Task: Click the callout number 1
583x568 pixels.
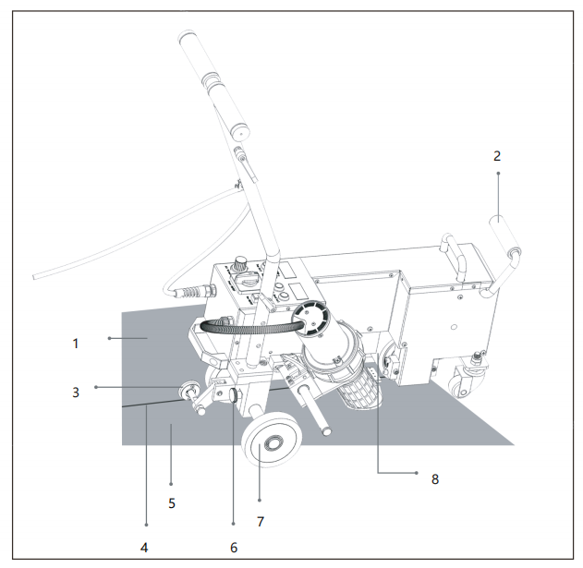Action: tap(76, 344)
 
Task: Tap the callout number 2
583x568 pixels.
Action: tap(497, 156)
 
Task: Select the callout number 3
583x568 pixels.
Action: tap(76, 393)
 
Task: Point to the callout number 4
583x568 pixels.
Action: tap(144, 547)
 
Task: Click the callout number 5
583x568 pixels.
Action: tap(172, 503)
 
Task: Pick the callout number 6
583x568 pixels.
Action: tap(234, 547)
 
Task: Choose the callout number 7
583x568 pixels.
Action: tap(261, 522)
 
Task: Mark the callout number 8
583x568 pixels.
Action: tap(435, 479)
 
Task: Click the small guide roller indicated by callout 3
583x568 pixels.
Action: tap(188, 390)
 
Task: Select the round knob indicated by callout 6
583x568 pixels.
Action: tap(235, 394)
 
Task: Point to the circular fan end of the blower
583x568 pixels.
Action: tap(310, 319)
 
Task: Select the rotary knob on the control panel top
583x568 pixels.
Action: tap(240, 263)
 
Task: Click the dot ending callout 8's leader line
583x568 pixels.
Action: tap(417, 473)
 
